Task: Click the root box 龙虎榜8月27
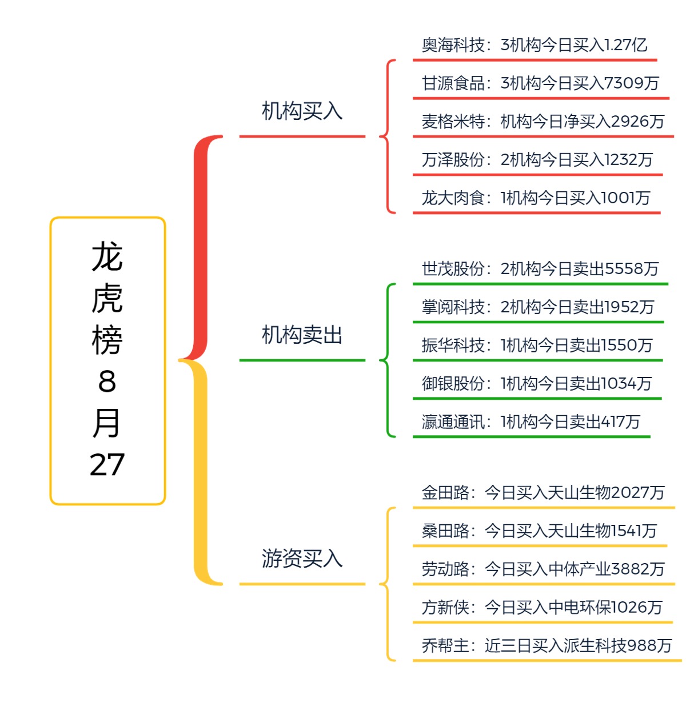coord(107,360)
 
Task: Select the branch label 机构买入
coord(302,111)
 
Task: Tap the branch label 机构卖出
coord(302,335)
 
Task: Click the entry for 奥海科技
coord(534,45)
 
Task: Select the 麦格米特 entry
coord(543,122)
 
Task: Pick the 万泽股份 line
coord(537,160)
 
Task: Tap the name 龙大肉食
coord(453,198)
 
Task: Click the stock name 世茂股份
coord(453,269)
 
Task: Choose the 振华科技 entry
coord(537,346)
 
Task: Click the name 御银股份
coord(453,384)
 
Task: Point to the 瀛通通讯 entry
coord(531,422)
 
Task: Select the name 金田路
coord(445,493)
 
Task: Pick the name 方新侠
coord(445,608)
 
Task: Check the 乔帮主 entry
coord(546,646)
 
